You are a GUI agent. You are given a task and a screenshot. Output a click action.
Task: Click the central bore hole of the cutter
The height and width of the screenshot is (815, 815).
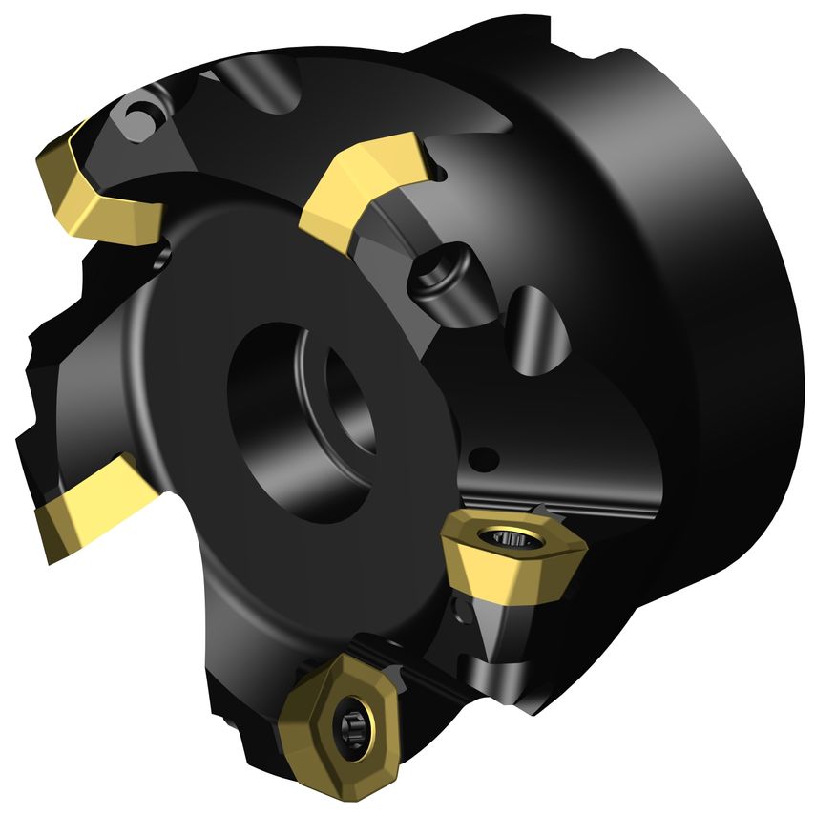click(296, 420)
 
